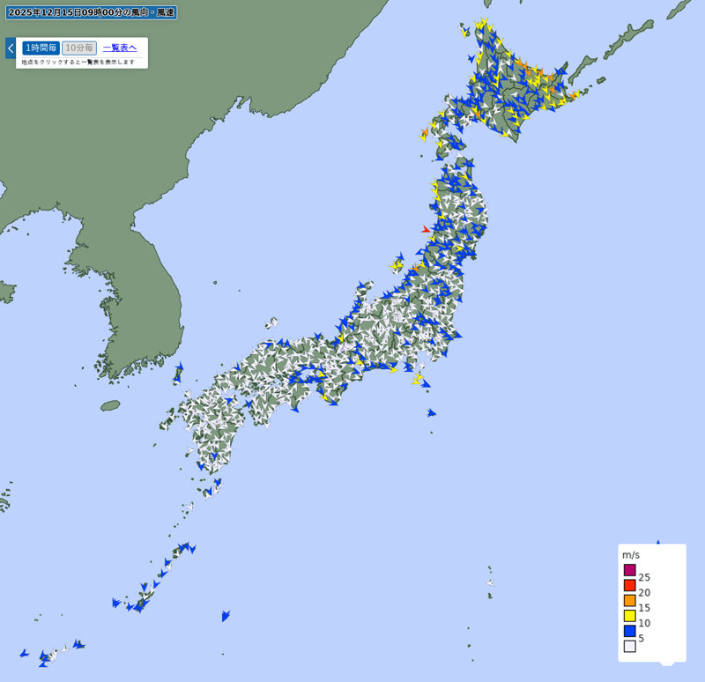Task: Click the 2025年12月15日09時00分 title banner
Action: [x=92, y=12]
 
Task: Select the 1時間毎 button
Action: [x=41, y=48]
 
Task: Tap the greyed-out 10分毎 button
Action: [x=79, y=48]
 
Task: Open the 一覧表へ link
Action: [x=120, y=48]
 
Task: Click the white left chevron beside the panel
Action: [x=11, y=48]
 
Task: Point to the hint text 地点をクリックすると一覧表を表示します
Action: [x=78, y=62]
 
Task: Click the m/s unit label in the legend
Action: [x=631, y=555]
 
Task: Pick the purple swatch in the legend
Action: [x=630, y=570]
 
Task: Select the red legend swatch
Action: [x=630, y=585]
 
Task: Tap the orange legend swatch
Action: [x=630, y=600]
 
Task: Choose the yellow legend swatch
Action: [x=630, y=616]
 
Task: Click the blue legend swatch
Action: [x=630, y=631]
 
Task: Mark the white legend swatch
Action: [x=630, y=646]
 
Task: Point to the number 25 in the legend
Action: [x=644, y=577]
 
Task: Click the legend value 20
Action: [x=644, y=592]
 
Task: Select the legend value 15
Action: [x=644, y=608]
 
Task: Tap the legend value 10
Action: [x=644, y=623]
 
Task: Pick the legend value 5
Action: [x=642, y=638]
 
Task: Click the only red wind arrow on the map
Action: [x=426, y=230]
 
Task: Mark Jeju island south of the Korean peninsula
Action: [x=110, y=405]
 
